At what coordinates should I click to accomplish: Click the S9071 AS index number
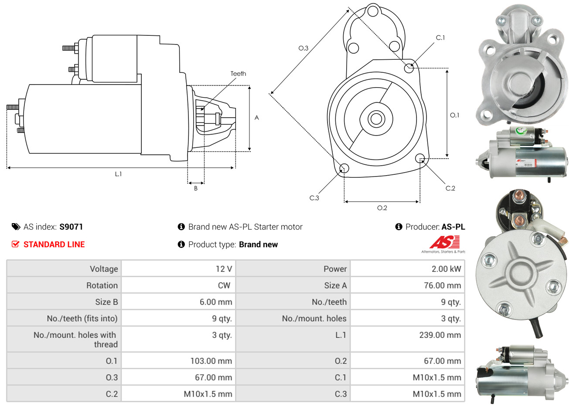pos(71,227)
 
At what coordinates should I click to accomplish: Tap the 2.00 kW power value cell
pos(446,269)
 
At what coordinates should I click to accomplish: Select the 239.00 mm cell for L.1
pos(440,335)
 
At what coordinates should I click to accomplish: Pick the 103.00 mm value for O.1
pos(211,361)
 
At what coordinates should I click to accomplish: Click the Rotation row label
pos(102,286)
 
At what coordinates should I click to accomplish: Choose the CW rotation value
pos(224,286)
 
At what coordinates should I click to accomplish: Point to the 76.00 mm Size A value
pos(442,286)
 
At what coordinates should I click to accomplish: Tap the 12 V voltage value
pos(224,269)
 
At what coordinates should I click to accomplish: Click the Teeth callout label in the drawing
pos(238,74)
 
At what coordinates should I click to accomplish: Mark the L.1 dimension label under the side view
pos(118,174)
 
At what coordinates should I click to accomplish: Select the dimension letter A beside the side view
pos(257,118)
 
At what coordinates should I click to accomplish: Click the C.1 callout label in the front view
pos(440,38)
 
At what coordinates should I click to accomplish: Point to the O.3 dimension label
pos(303,48)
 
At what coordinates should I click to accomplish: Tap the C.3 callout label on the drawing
pos(314,198)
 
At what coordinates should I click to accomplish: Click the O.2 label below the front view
pos(382,208)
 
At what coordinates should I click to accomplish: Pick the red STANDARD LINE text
pos(54,245)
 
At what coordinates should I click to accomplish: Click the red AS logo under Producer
pos(444,242)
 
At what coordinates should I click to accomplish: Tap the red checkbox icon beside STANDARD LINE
pos(16,244)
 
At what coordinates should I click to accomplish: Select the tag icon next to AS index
pos(16,227)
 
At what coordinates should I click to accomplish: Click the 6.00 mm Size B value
pos(216,302)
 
